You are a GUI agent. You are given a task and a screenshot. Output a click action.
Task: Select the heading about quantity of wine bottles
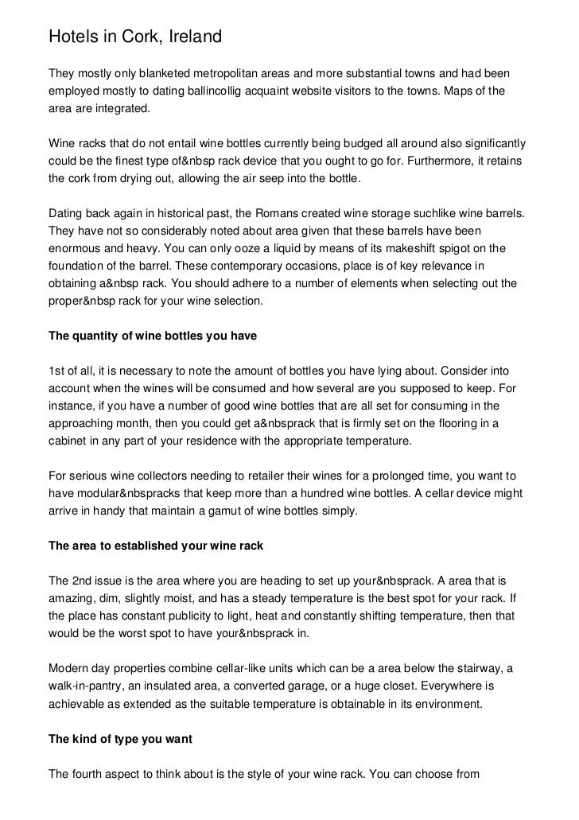[x=153, y=336]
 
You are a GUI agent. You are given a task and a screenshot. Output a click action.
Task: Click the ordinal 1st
[x=59, y=371]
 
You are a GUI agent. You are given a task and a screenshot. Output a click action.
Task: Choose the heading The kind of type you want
[x=120, y=739]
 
